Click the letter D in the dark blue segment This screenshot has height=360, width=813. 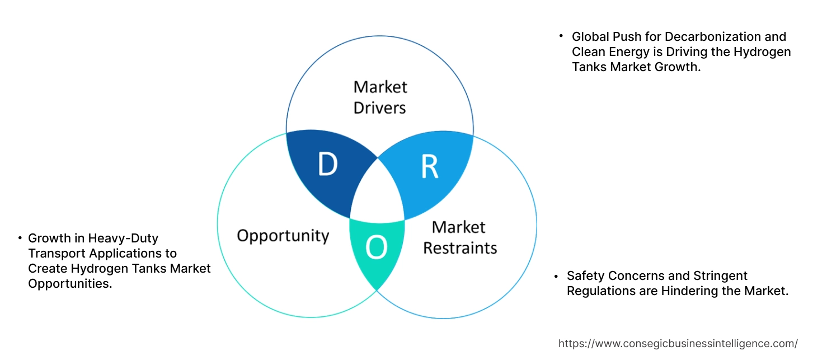pos(328,164)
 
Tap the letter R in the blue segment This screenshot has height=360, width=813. pos(429,166)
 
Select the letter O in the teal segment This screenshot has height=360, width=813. pos(376,247)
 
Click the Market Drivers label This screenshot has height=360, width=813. pos(380,97)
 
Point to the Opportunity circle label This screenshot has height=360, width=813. pos(283,235)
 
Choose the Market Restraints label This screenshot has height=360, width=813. pos(460,237)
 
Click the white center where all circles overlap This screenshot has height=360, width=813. pos(378,193)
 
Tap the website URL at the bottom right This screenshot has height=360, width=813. pos(678,343)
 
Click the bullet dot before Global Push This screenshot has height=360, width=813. pos(561,36)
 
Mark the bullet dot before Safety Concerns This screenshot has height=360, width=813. pos(556,276)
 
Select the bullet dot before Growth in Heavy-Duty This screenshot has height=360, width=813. pos(20,239)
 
